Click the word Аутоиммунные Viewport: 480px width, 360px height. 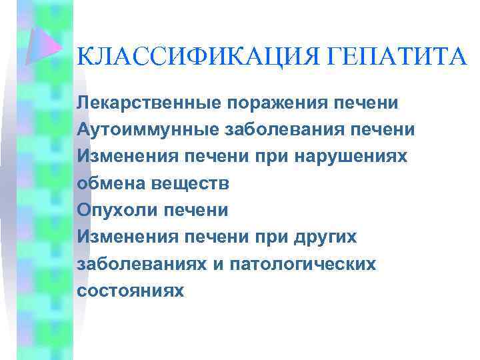[x=142, y=130]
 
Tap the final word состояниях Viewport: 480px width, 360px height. [x=129, y=291]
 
